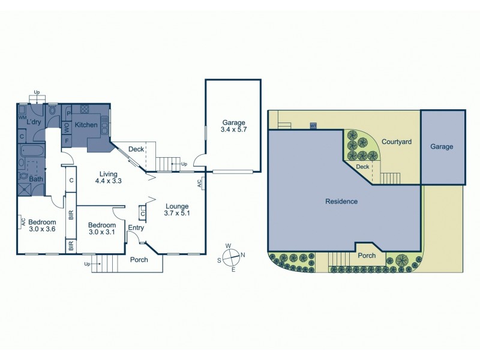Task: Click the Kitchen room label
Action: coord(86,125)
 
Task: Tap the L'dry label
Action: coord(34,121)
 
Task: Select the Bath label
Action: coord(36,179)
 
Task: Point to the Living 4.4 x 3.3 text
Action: coord(112,179)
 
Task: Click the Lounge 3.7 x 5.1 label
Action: coord(176,209)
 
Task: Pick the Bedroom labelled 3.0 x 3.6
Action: coord(43,225)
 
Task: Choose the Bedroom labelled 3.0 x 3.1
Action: coord(102,229)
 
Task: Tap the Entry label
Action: coord(136,227)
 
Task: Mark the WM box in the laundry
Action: coord(22,118)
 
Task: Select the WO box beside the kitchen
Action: coord(67,127)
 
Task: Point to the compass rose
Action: coord(231,256)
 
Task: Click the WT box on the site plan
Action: coord(313,126)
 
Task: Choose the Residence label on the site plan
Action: coord(341,202)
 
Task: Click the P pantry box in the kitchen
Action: coord(68,113)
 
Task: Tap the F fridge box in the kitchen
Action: coord(67,140)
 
